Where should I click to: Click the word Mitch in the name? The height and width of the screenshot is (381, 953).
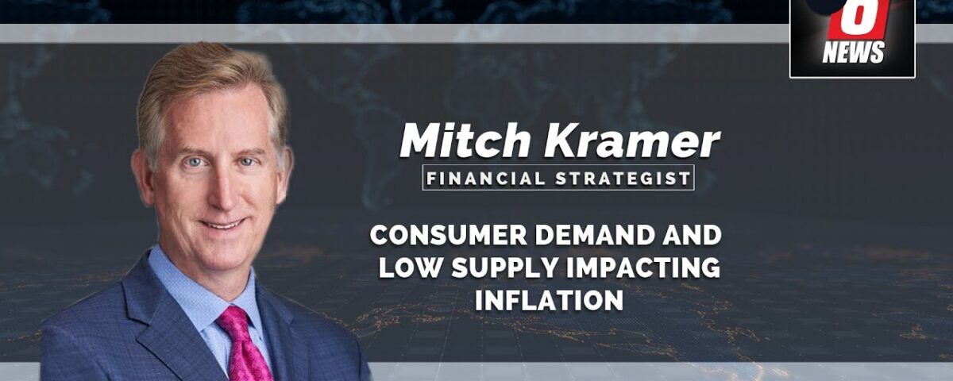coord(465,140)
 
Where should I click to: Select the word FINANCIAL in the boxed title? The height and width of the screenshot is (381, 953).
coord(485,178)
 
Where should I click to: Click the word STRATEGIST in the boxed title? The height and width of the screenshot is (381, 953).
coord(623,178)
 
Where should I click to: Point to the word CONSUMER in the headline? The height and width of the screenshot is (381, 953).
coord(449,235)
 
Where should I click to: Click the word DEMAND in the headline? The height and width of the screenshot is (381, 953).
coord(594,235)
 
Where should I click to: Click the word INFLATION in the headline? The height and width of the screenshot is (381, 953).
coord(550,300)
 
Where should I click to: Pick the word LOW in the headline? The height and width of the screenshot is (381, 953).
coord(411,268)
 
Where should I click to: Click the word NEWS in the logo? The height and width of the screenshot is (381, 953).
coord(853,52)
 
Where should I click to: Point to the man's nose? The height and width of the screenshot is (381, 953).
coord(218,191)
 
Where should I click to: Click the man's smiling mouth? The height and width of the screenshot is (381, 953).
coord(222,224)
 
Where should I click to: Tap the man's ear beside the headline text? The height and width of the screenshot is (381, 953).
coord(284,175)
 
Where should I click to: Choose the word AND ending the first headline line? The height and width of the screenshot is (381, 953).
coord(692,235)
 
